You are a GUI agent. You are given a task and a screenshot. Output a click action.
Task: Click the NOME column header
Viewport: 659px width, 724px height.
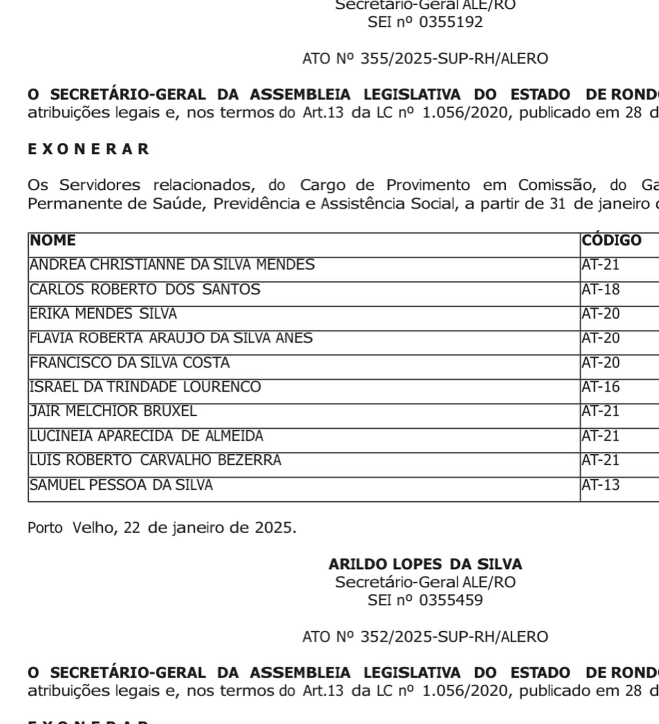point(53,240)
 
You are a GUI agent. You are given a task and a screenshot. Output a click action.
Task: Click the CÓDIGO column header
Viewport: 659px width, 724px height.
point(611,240)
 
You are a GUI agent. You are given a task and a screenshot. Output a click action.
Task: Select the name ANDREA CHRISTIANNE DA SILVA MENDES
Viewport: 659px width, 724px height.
point(172,265)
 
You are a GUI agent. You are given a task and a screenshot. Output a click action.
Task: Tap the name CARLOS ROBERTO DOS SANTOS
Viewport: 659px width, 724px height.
point(145,289)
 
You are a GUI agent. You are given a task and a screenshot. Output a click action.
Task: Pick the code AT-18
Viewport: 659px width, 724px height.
point(601,289)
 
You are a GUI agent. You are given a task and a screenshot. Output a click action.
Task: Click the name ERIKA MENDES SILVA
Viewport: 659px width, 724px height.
point(103,314)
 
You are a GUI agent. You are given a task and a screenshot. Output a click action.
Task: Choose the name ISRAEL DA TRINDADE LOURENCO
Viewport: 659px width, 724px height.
point(145,387)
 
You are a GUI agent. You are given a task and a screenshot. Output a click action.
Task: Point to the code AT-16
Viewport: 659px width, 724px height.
point(601,387)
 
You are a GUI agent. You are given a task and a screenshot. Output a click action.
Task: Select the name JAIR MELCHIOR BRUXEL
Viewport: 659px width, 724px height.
point(113,411)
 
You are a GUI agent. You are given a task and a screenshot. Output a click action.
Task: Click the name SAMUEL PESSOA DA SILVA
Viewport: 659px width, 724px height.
point(121,485)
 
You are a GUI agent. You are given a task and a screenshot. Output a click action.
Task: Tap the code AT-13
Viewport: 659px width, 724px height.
point(601,485)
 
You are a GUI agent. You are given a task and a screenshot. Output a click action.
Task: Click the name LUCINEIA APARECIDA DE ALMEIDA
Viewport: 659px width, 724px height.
point(146,436)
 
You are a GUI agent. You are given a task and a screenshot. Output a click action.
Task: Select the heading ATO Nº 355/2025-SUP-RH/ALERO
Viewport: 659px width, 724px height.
point(425,59)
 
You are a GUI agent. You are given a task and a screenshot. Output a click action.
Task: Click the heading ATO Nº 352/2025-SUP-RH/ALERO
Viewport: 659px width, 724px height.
point(425,637)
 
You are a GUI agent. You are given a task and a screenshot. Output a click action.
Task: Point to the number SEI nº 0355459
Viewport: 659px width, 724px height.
point(425,600)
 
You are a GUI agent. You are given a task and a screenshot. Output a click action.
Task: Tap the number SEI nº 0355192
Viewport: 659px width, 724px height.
point(425,22)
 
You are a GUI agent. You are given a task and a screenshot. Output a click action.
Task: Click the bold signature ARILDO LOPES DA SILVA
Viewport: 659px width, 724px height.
point(425,564)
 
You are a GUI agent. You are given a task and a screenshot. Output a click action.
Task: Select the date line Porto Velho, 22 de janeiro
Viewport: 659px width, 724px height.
point(162,528)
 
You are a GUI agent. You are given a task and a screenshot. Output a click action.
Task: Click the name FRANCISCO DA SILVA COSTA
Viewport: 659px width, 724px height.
point(130,363)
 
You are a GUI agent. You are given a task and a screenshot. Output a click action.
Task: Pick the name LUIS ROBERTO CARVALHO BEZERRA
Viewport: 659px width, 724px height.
point(155,460)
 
